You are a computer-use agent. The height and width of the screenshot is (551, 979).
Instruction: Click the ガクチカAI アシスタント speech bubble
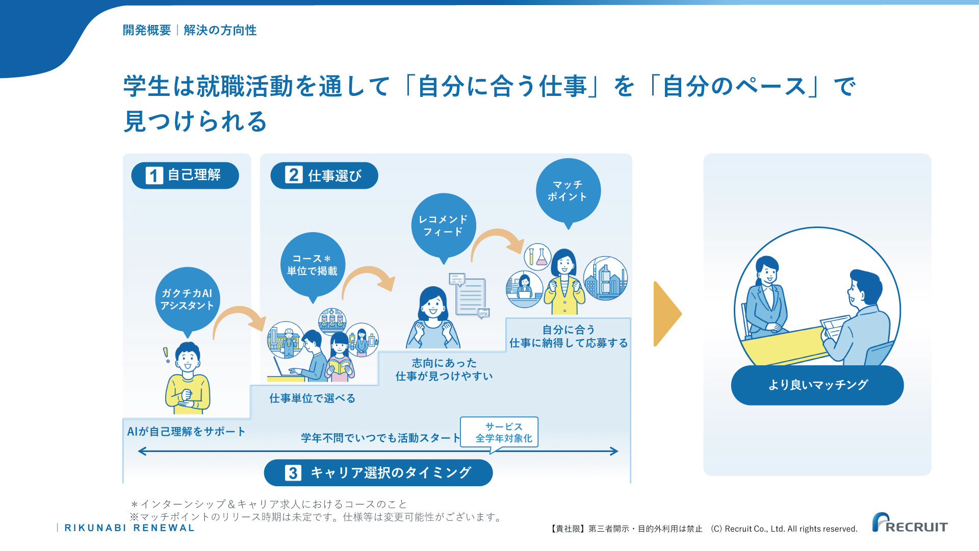187,300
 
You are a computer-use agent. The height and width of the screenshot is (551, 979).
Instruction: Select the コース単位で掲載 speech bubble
313,265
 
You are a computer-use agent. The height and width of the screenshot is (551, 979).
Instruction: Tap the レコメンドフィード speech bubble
443,226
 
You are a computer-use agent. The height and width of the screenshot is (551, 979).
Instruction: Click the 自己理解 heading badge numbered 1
185,176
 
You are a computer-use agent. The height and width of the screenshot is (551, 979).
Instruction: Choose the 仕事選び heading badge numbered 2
324,176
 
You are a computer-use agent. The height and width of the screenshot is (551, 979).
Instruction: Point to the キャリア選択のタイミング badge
378,473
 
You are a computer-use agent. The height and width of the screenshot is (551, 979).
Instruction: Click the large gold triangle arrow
666,314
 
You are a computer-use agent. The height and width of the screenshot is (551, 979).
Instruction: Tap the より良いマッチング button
817,385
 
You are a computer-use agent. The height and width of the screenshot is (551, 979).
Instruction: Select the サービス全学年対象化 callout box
499,433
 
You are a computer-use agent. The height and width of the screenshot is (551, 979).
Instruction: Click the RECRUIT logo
910,523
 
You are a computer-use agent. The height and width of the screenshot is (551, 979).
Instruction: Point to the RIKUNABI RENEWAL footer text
130,528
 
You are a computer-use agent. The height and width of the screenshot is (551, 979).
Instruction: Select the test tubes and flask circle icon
537,257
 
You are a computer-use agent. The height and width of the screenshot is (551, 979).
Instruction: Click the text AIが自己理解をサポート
186,432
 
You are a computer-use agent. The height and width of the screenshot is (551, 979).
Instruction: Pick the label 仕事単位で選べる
312,398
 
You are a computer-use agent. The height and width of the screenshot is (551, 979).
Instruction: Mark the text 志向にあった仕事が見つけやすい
444,369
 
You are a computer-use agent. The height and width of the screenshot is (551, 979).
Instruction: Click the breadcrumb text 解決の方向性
220,30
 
